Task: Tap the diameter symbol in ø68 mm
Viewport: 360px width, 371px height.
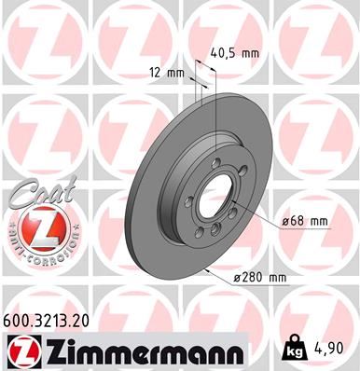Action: pyautogui.click(x=284, y=221)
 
